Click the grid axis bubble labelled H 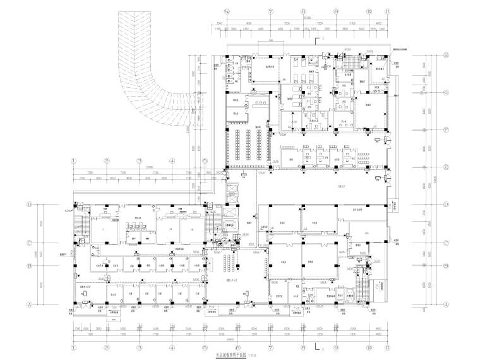tap(447, 56)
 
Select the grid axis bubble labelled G tap(447, 92)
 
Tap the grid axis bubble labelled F tap(447, 130)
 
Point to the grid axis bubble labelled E tap(447, 167)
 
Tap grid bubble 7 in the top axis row tap(270, 11)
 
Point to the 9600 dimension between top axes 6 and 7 tap(248, 24)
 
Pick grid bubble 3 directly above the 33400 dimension tap(139, 160)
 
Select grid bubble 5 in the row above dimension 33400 tap(205, 160)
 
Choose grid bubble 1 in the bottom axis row tap(74, 347)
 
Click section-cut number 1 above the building tap(324, 39)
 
